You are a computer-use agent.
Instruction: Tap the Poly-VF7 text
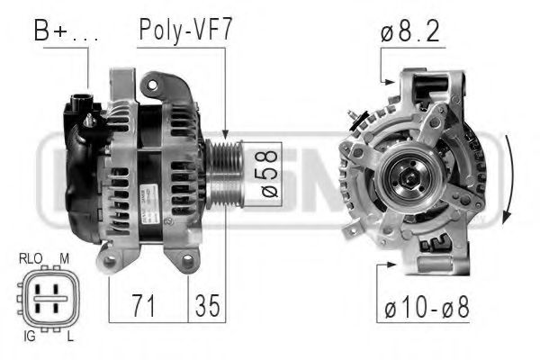click(185, 30)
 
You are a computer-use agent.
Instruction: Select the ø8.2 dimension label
click(410, 32)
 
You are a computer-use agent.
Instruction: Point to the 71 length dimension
click(145, 305)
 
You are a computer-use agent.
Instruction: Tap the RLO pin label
click(30, 258)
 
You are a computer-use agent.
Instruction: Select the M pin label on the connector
click(64, 258)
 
